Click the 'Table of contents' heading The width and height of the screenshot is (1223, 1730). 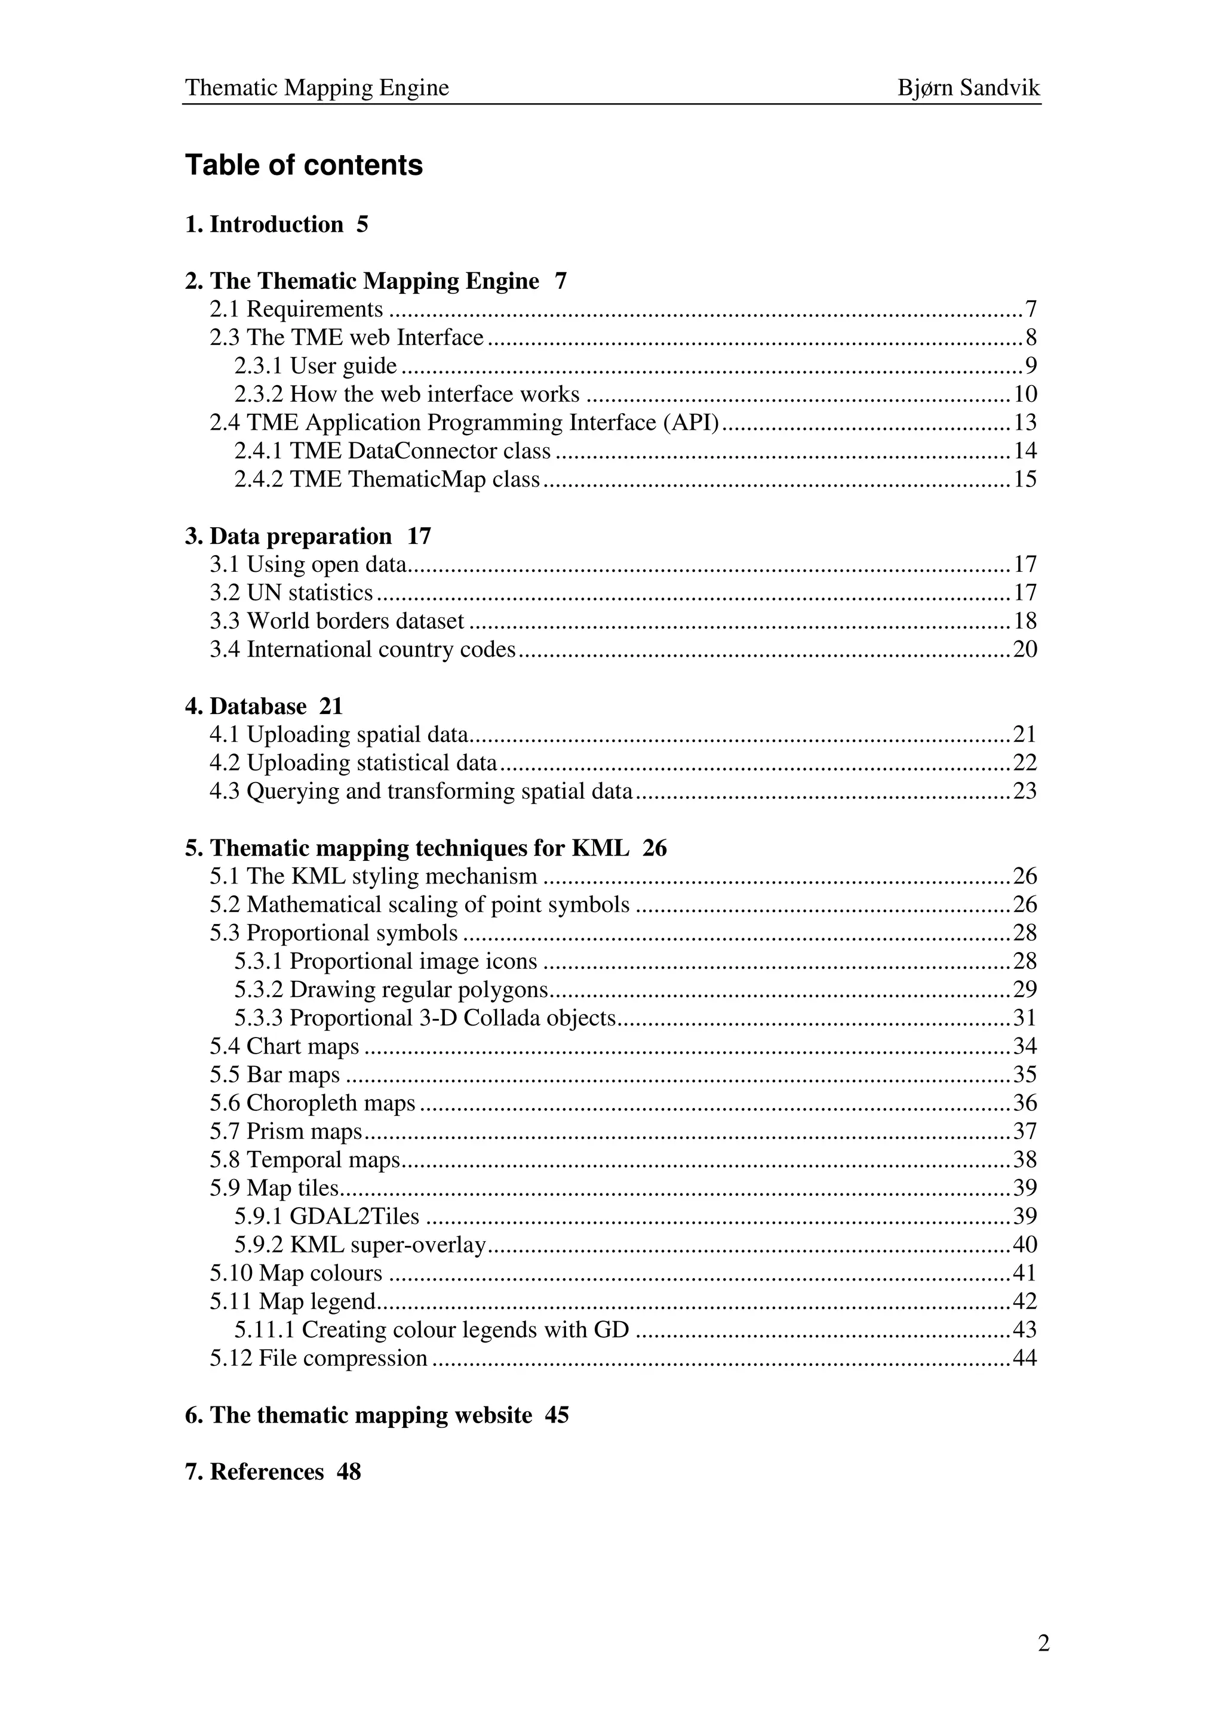click(304, 165)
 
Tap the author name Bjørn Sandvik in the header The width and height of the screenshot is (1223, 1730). click(968, 88)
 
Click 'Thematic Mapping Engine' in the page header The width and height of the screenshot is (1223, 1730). click(316, 88)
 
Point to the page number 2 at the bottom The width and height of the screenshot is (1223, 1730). click(1043, 1643)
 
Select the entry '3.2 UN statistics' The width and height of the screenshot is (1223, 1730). click(291, 593)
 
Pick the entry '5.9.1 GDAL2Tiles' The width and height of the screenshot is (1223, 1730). click(326, 1216)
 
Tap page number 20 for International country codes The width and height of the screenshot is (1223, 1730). click(1025, 649)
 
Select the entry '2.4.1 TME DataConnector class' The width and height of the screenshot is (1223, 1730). click(392, 451)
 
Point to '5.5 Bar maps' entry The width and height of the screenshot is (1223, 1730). click(275, 1075)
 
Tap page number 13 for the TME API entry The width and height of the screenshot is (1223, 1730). click(1025, 423)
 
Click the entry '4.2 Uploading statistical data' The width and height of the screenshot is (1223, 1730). click(354, 764)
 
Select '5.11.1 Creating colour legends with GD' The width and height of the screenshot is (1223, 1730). click(431, 1330)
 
